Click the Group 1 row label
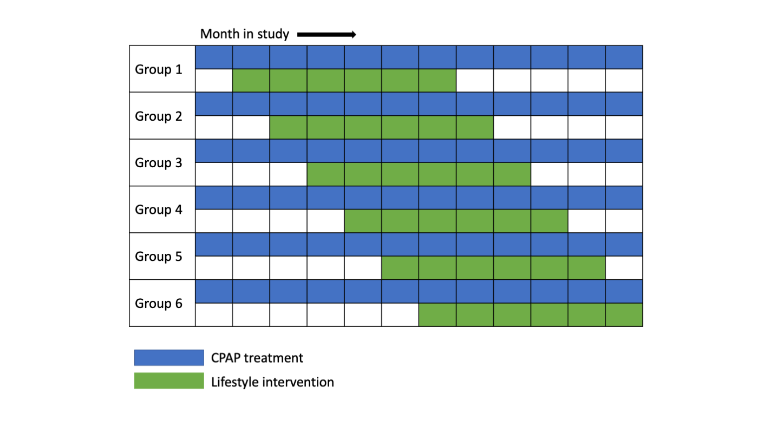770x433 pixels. tap(159, 69)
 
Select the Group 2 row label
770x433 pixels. tap(159, 116)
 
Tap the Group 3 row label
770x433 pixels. tap(159, 163)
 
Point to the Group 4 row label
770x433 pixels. tap(159, 210)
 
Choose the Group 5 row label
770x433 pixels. tap(159, 257)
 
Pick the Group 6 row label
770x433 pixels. tap(159, 304)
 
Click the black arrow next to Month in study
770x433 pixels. tap(327, 35)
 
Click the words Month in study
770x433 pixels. tap(245, 35)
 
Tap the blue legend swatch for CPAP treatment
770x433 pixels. tap(169, 358)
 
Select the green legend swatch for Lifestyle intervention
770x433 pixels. tap(169, 381)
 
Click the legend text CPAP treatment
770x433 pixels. tap(257, 358)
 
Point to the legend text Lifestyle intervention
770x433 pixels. tap(272, 382)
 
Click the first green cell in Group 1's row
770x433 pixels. tap(251, 81)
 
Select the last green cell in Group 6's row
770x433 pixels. tap(624, 315)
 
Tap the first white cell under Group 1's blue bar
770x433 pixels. tap(214, 81)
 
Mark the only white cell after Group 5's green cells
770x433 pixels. tap(624, 268)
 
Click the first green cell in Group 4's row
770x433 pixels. tap(363, 221)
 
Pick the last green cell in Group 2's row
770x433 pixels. tap(475, 128)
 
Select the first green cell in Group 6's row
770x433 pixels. tap(438, 315)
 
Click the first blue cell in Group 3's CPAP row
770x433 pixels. tap(214, 151)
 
